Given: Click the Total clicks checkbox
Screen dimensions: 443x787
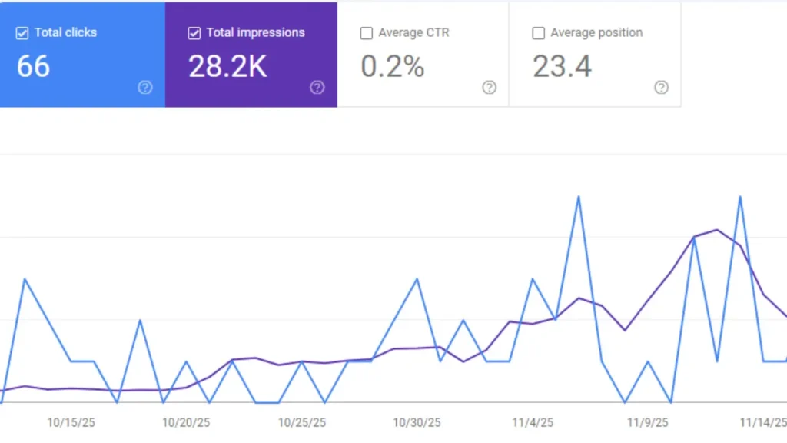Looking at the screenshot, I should pyautogui.click(x=22, y=33).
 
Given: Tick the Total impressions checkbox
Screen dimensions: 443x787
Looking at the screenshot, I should pyautogui.click(x=194, y=33).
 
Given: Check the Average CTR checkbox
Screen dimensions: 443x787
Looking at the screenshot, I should pyautogui.click(x=367, y=33).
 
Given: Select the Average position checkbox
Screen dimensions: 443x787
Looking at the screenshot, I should pyautogui.click(x=539, y=33).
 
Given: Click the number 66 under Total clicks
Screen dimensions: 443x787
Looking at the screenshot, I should pyautogui.click(x=33, y=67).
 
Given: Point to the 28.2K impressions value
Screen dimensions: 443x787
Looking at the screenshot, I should pyautogui.click(x=227, y=67).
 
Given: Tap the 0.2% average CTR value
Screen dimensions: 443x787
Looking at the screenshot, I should pyautogui.click(x=393, y=67).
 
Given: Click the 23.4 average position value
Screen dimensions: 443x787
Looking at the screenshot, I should pyautogui.click(x=563, y=67).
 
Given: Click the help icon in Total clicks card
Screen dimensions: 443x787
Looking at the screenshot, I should pyautogui.click(x=145, y=88).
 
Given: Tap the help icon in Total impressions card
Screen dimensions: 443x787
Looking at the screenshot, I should pyautogui.click(x=317, y=88).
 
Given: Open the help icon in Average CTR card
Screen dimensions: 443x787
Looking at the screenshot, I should pyautogui.click(x=490, y=88).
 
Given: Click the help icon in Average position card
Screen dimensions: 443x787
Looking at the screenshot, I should pyautogui.click(x=662, y=88).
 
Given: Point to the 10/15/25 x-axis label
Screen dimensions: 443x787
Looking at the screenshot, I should pyautogui.click(x=71, y=422).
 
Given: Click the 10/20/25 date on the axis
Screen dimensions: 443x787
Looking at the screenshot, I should pyautogui.click(x=186, y=422).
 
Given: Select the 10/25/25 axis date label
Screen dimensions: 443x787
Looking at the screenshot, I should pyautogui.click(x=302, y=422).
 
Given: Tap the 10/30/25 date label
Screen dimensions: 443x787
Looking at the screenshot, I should pyautogui.click(x=417, y=422).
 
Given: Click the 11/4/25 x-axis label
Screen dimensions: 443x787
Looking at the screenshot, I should pyautogui.click(x=533, y=422).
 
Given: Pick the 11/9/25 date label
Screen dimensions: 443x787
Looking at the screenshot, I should pyautogui.click(x=648, y=422).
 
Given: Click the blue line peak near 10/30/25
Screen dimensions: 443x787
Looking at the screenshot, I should pyautogui.click(x=417, y=278).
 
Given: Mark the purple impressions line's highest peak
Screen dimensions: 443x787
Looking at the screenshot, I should pyautogui.click(x=717, y=229).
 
